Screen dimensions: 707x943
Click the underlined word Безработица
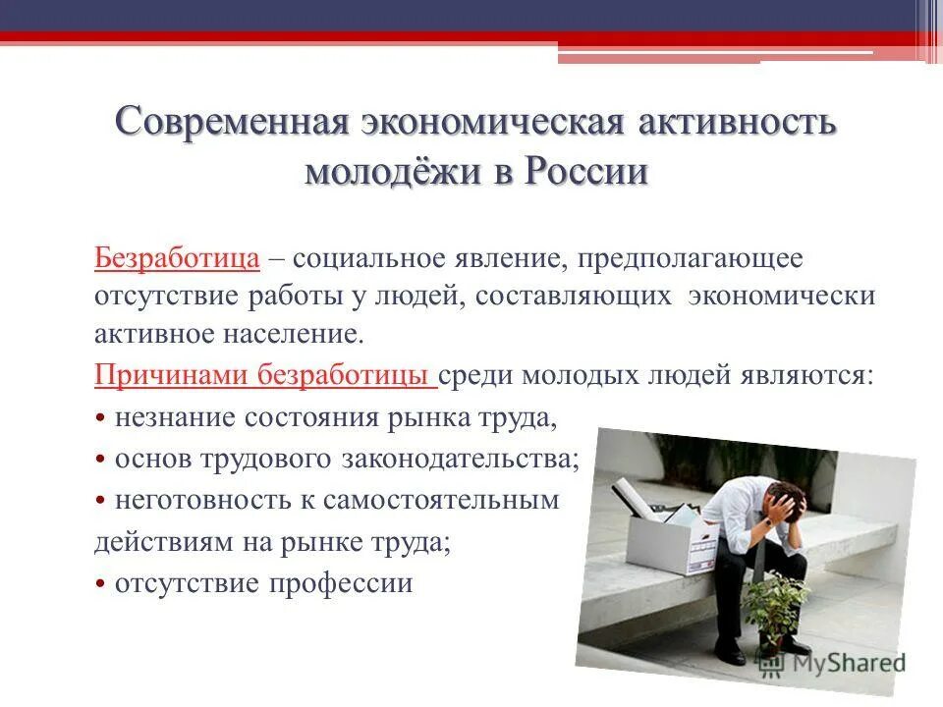(177, 259)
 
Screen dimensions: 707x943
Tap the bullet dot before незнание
(101, 419)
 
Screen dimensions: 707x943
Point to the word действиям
(154, 542)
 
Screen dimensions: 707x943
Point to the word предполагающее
(691, 259)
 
